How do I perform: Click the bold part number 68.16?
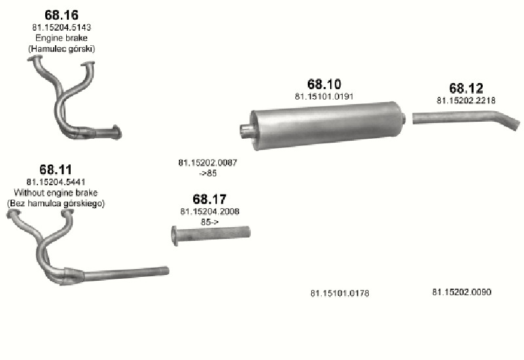[x=62, y=15]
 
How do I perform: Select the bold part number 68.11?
[x=56, y=170]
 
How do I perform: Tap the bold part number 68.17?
[x=210, y=199]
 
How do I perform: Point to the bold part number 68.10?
[x=324, y=84]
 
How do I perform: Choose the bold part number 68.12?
[x=466, y=88]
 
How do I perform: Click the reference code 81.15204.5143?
[x=62, y=27]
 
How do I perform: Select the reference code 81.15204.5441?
[x=56, y=182]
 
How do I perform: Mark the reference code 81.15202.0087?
[x=208, y=162]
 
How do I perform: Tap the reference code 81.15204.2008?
[x=210, y=211]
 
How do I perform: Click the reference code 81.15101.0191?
[x=324, y=96]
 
